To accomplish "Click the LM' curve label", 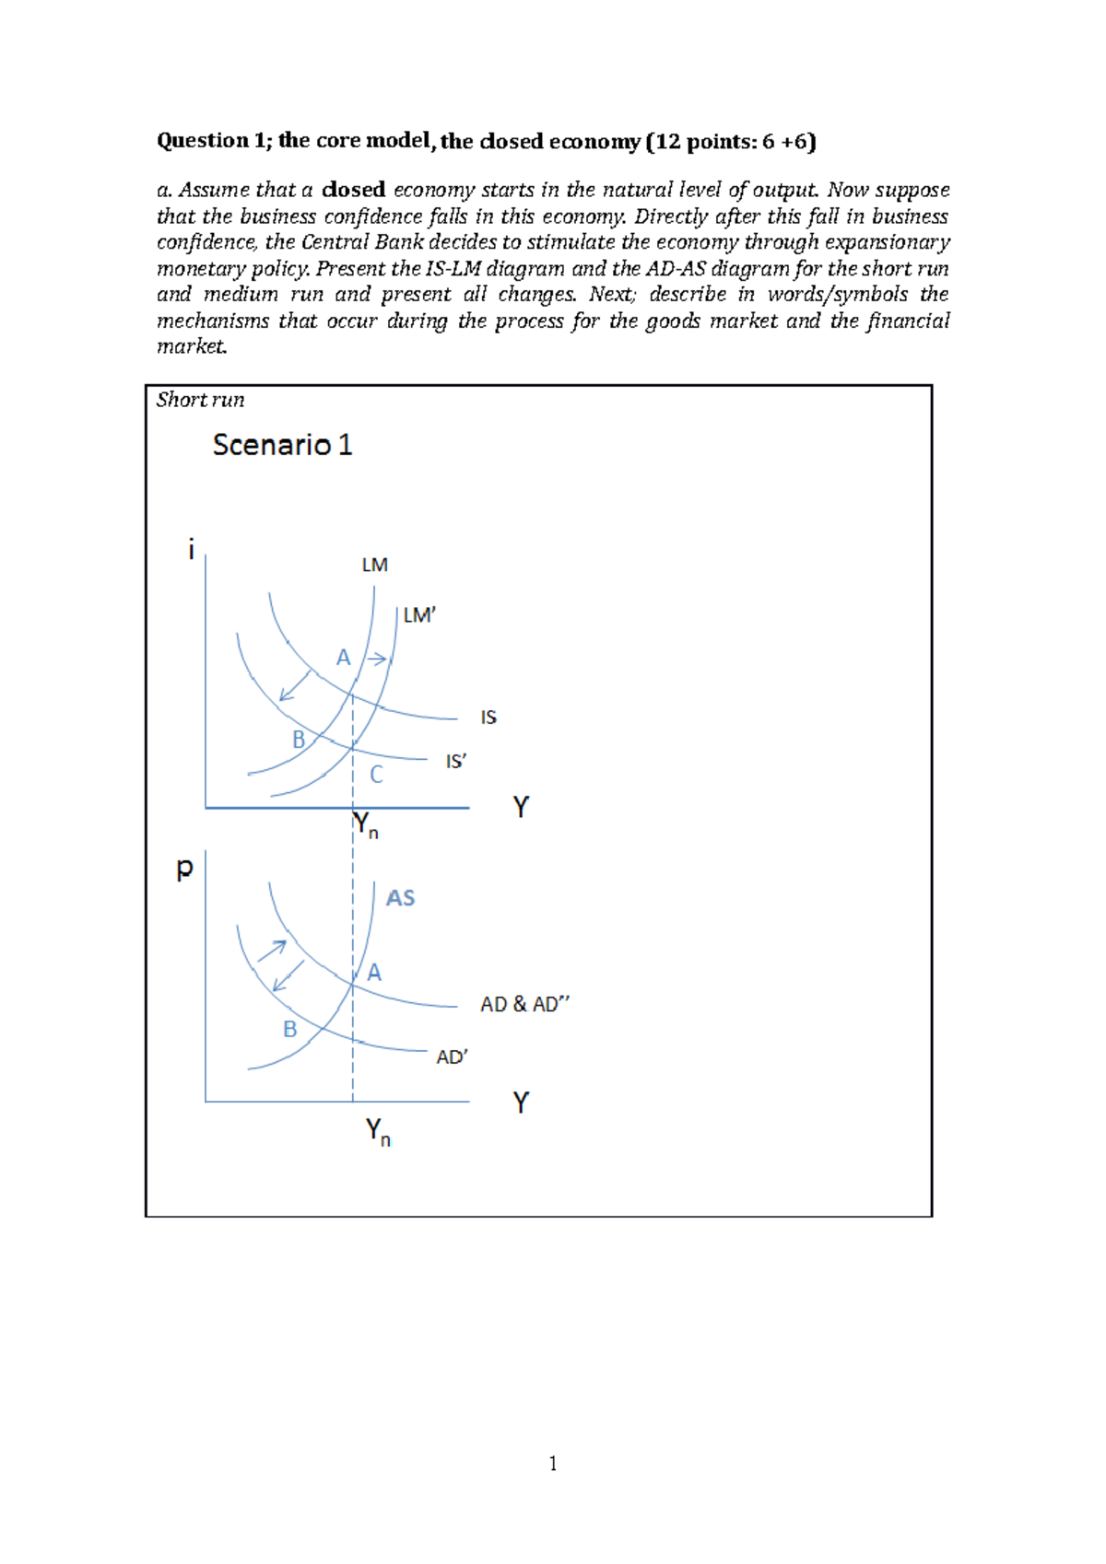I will click(x=419, y=615).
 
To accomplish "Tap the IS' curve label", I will click(x=456, y=762).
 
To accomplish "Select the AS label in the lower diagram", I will click(x=400, y=898).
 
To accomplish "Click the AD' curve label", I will click(x=452, y=1057).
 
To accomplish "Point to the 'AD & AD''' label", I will click(x=524, y=1004).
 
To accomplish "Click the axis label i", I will click(x=191, y=550).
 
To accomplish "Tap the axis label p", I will click(x=184, y=868).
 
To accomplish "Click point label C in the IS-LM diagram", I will click(x=376, y=775).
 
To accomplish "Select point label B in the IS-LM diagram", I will click(x=298, y=740).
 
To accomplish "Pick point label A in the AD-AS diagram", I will click(x=374, y=973).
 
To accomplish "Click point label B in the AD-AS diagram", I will click(x=289, y=1029).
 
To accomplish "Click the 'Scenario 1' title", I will click(x=282, y=446).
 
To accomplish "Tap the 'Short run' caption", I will click(x=200, y=400).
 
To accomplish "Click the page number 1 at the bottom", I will click(x=553, y=1464).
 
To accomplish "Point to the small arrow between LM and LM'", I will click(x=377, y=659).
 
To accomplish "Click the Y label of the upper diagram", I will click(x=521, y=807).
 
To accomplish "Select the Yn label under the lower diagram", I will click(x=378, y=1131).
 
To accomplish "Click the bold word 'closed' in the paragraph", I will click(x=354, y=190).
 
